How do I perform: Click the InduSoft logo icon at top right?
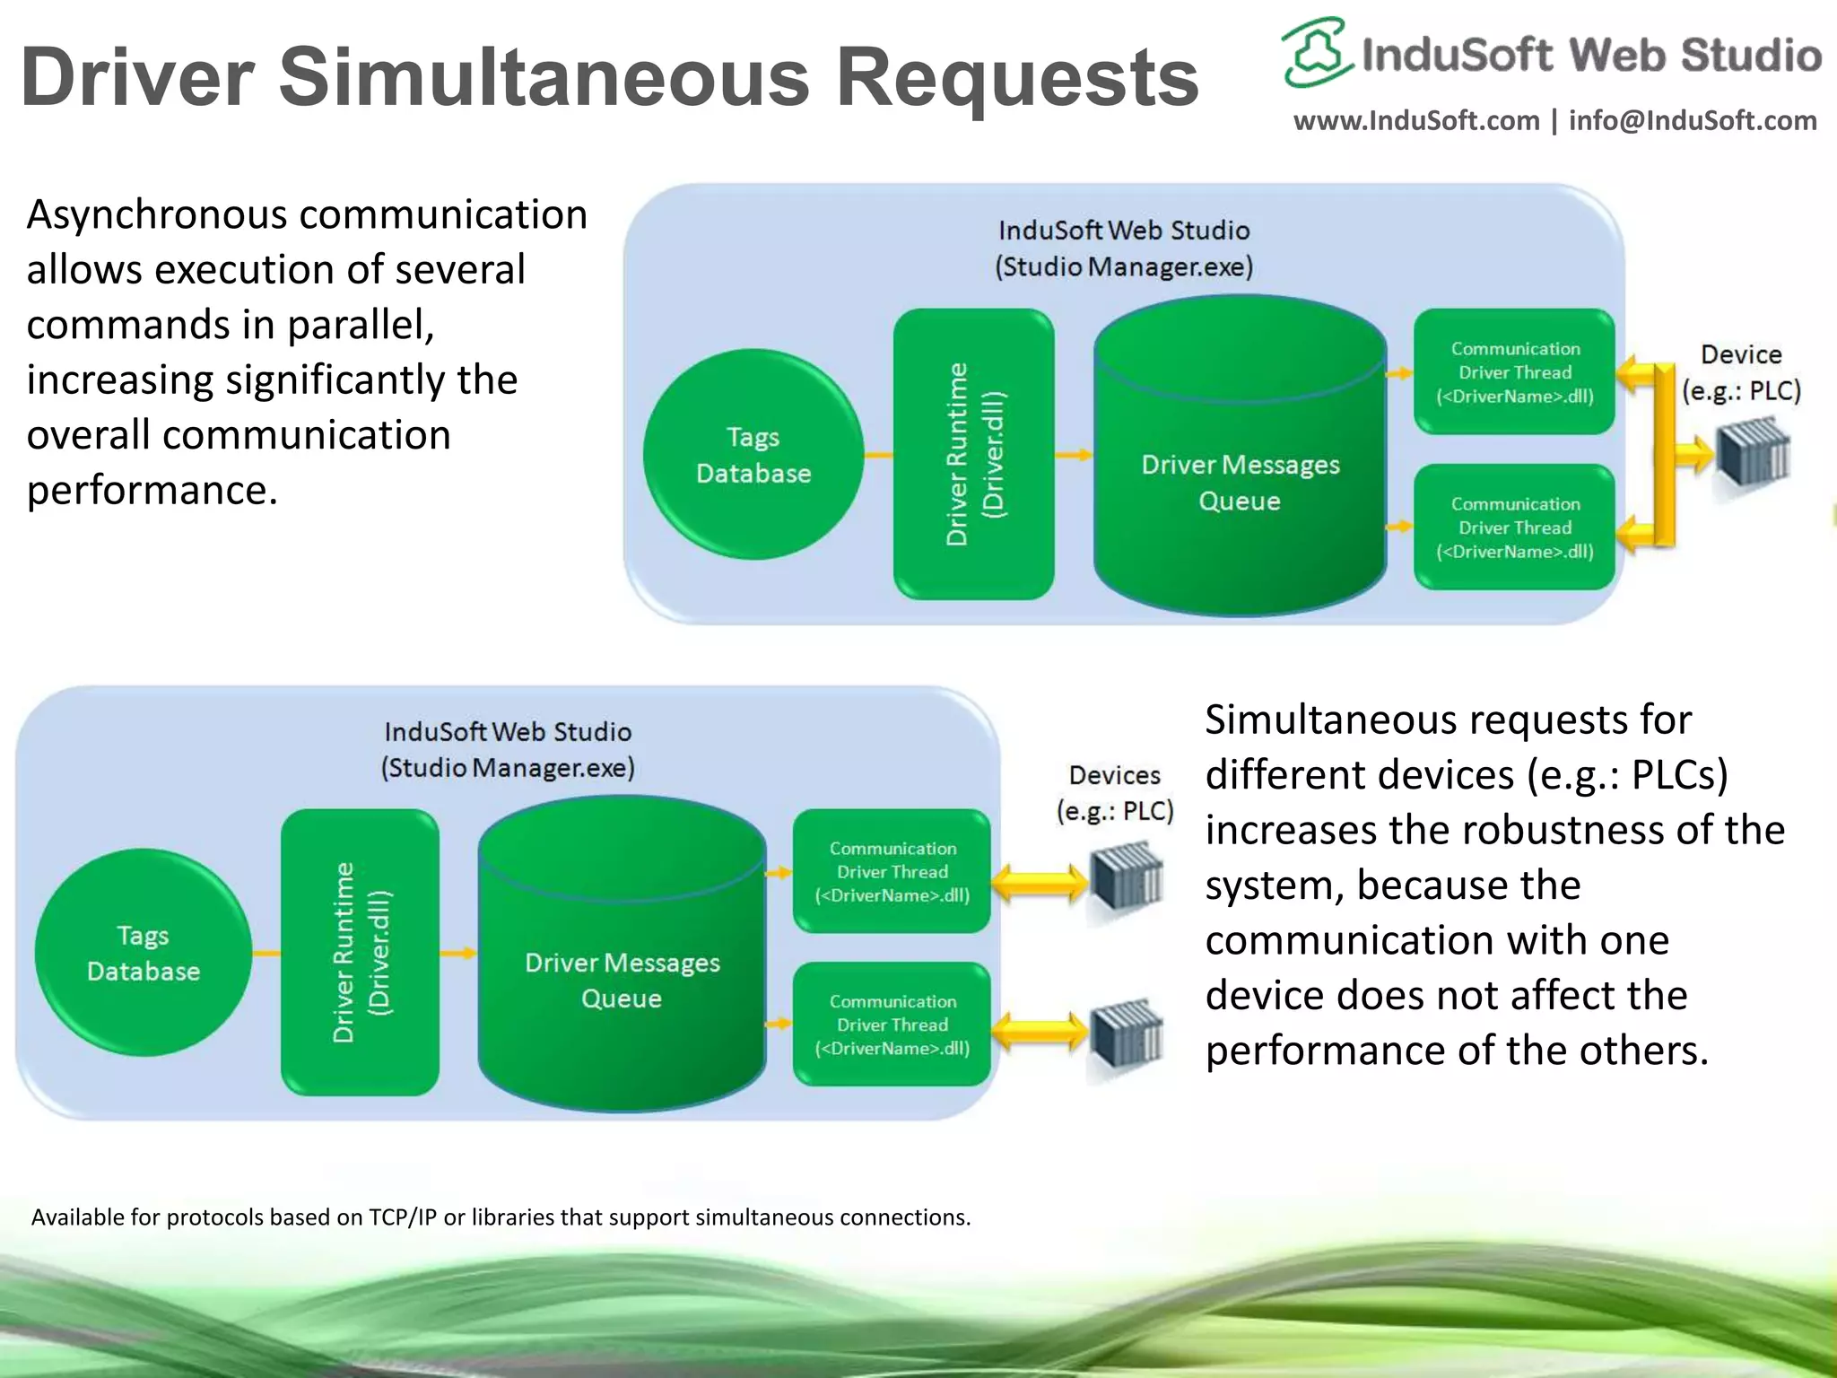pyautogui.click(x=1315, y=52)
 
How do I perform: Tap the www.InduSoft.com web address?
pyautogui.click(x=1415, y=120)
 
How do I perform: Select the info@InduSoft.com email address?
pyautogui.click(x=1693, y=120)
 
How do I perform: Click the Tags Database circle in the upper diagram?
pyautogui.click(x=753, y=455)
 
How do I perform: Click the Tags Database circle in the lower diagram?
pyautogui.click(x=143, y=953)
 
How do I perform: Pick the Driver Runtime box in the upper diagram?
pyautogui.click(x=974, y=454)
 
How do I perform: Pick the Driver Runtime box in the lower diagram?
pyautogui.click(x=360, y=952)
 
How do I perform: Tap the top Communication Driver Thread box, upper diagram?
pyautogui.click(x=1514, y=372)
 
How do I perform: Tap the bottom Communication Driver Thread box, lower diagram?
pyautogui.click(x=892, y=1025)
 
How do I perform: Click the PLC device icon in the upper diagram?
pyautogui.click(x=1752, y=452)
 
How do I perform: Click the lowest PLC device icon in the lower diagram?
pyautogui.click(x=1126, y=1034)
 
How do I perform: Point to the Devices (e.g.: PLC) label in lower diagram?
pyautogui.click(x=1115, y=793)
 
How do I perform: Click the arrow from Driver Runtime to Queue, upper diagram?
pyautogui.click(x=1073, y=455)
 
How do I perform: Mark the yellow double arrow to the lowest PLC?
pyautogui.click(x=1040, y=1032)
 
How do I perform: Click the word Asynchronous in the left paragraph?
pyautogui.click(x=157, y=215)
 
